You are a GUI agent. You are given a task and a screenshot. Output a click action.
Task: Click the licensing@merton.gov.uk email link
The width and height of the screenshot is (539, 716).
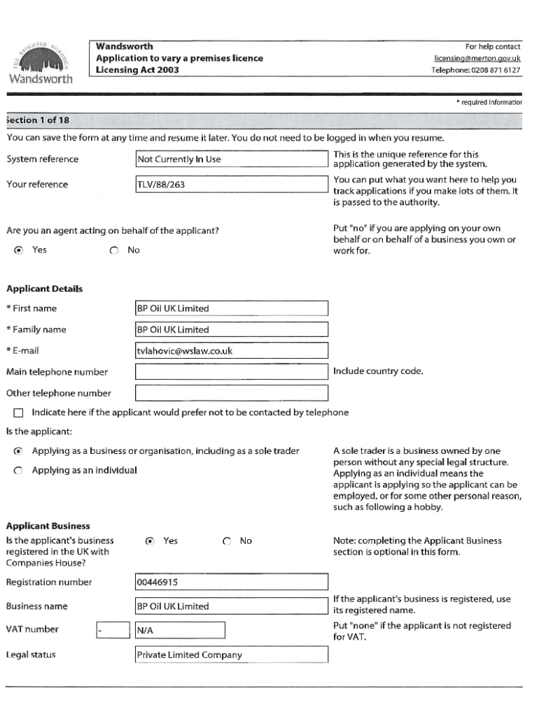[477, 58]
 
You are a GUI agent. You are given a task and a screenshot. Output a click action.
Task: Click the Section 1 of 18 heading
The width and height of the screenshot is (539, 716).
[38, 120]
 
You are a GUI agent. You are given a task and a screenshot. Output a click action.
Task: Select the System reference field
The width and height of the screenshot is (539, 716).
[231, 159]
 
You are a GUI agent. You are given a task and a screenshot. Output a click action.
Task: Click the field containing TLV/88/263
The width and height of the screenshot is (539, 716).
[231, 185]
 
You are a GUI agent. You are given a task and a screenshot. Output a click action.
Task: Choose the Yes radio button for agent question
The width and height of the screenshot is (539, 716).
[18, 250]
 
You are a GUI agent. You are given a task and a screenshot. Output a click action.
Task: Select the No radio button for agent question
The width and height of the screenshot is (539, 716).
[113, 250]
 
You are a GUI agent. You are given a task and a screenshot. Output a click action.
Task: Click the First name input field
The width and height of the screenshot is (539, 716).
[231, 308]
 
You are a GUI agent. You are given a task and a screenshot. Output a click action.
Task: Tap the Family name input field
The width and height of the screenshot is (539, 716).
[231, 330]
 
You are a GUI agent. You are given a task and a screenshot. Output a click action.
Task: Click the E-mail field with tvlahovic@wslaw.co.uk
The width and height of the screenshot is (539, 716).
[231, 351]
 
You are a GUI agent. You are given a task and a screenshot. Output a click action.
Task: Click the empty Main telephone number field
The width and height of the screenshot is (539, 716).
[231, 372]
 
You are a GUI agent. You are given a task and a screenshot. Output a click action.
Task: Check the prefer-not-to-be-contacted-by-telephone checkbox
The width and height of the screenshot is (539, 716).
[18, 413]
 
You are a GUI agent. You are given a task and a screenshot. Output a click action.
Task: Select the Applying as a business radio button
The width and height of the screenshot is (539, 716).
[18, 452]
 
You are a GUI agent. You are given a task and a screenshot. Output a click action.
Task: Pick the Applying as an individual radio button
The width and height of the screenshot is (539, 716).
[18, 471]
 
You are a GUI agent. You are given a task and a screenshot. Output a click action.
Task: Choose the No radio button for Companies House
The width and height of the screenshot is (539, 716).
[227, 541]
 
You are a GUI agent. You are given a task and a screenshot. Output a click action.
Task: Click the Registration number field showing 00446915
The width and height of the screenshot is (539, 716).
[231, 582]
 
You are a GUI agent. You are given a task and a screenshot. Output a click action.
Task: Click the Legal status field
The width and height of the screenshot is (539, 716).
[231, 655]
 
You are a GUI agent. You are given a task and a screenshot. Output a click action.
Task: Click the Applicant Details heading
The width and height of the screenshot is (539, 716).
[44, 289]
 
